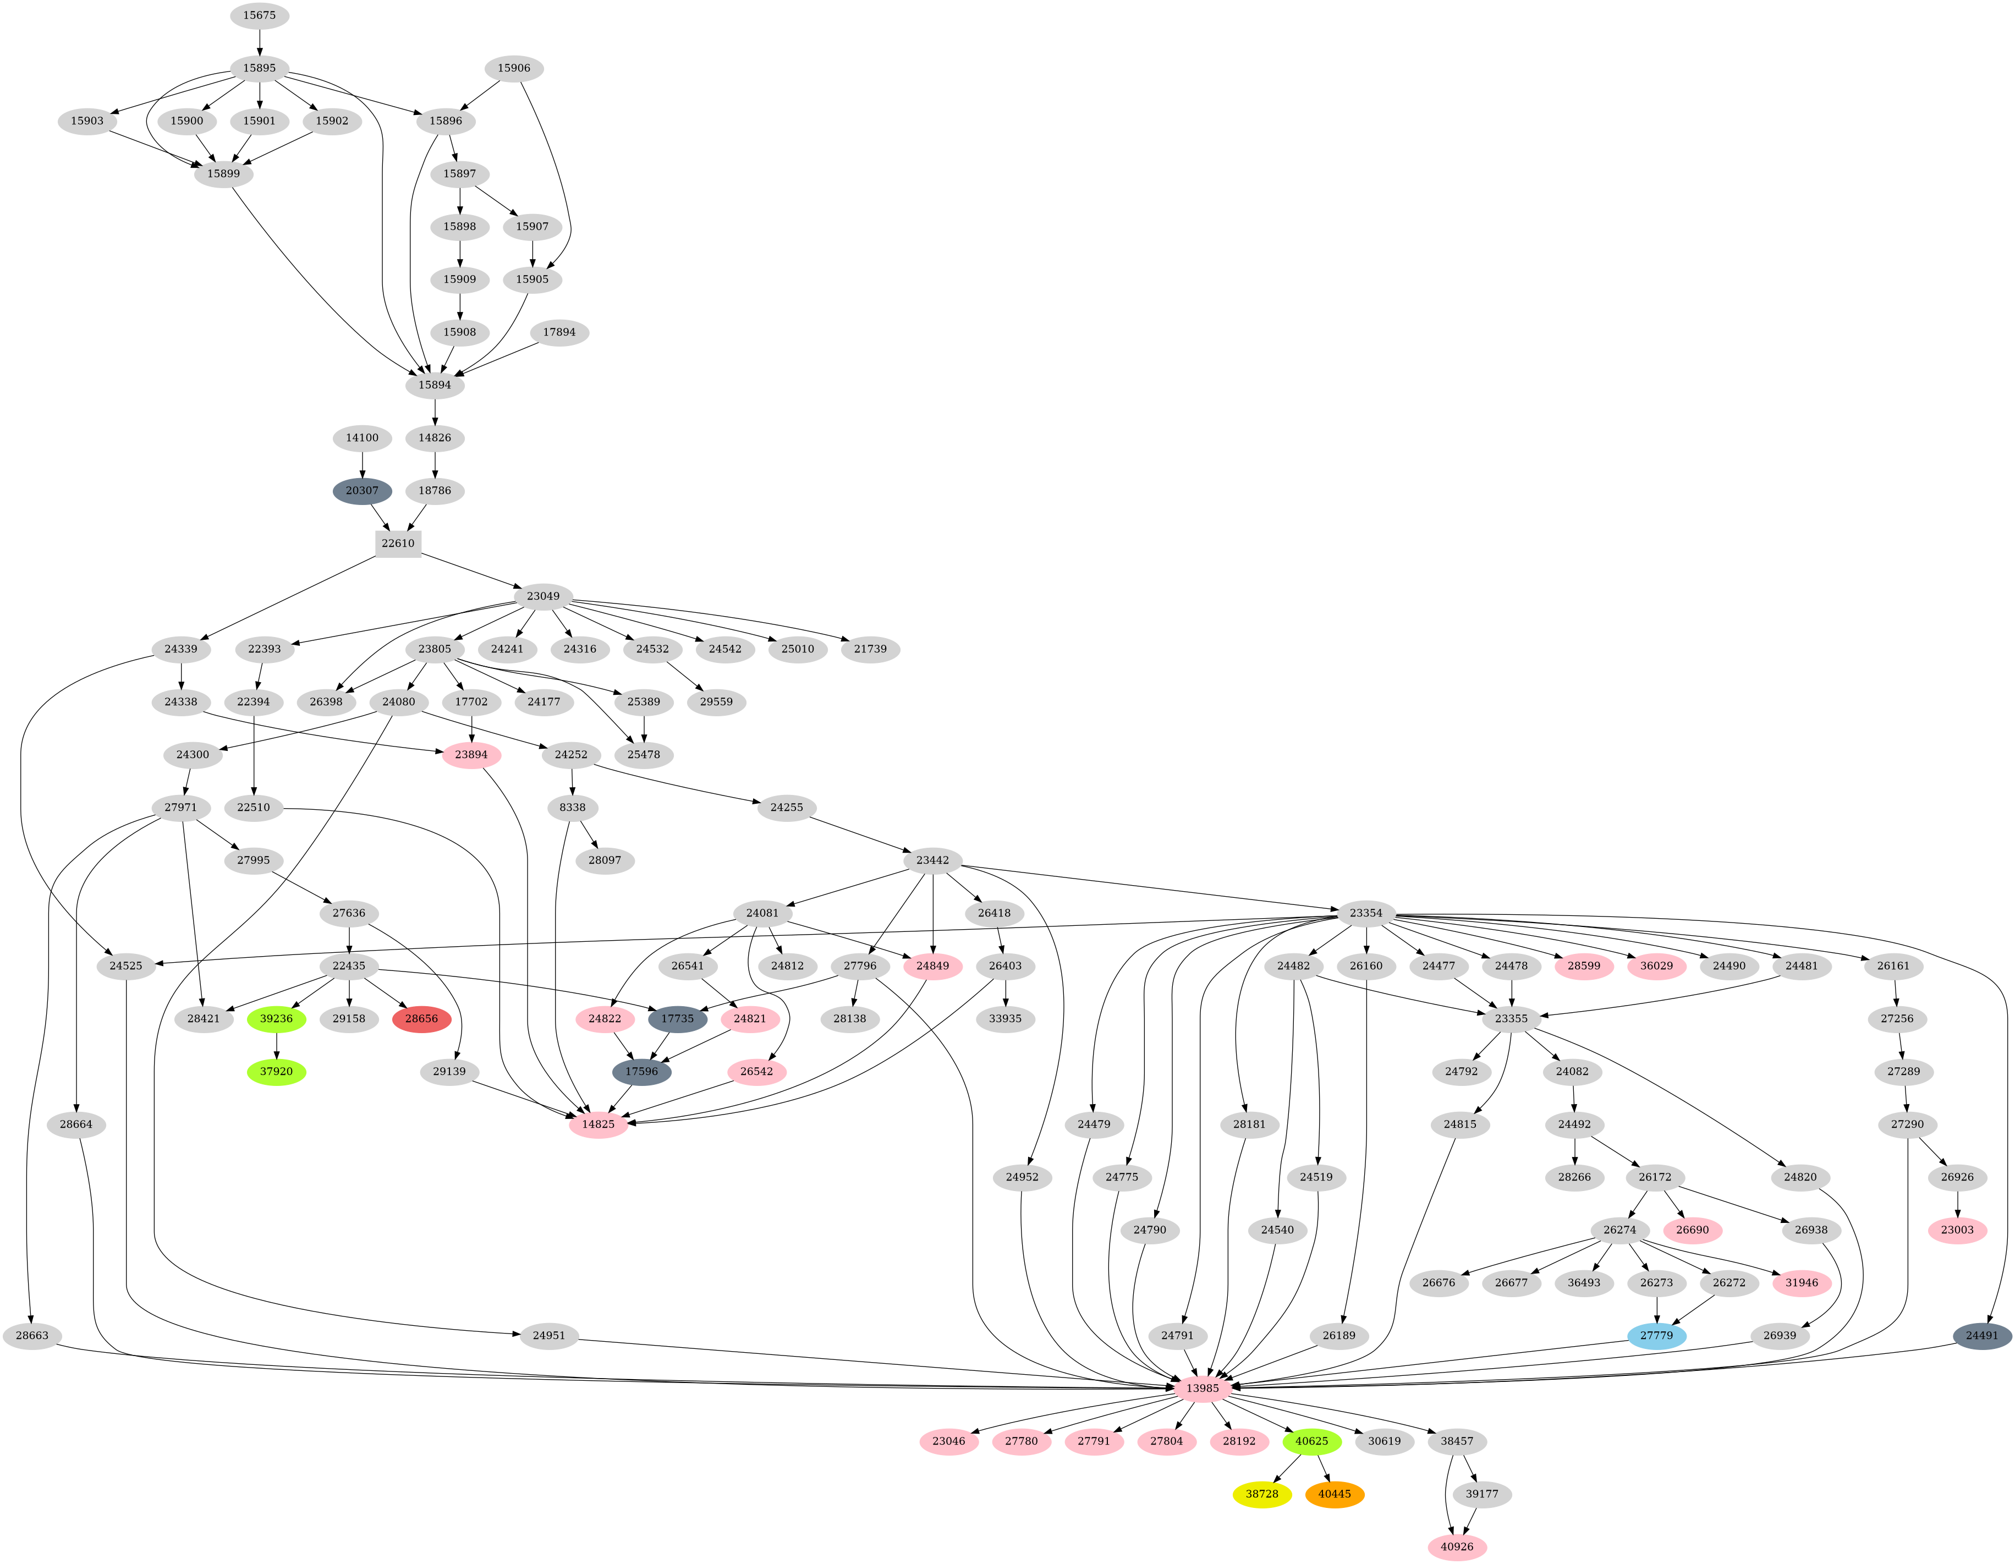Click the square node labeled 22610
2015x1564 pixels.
399,544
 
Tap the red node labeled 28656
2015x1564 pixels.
421,1019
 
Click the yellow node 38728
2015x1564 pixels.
1261,1494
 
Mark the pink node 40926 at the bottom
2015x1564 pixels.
1457,1546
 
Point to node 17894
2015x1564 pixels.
559,332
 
